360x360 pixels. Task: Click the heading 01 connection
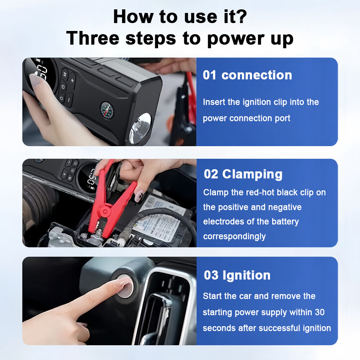[247, 75]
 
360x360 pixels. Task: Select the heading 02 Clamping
[243, 174]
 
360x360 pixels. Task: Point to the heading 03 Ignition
[237, 275]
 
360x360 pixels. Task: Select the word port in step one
[282, 118]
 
